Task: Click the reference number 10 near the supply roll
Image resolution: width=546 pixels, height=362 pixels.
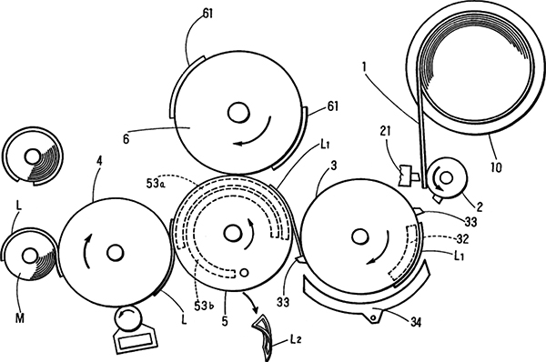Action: click(496, 167)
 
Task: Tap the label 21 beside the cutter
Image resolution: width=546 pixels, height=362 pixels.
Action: click(386, 131)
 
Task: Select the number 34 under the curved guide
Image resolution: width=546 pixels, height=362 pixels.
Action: click(416, 322)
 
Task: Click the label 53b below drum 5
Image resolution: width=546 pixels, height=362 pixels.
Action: click(205, 306)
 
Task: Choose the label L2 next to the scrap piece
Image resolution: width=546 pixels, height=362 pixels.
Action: click(295, 339)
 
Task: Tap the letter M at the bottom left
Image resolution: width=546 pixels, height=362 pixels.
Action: click(20, 317)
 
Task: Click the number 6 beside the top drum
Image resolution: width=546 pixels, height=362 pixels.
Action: click(126, 139)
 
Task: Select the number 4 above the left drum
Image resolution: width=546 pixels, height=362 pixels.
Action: click(99, 162)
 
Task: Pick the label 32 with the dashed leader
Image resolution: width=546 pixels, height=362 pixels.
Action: click(462, 239)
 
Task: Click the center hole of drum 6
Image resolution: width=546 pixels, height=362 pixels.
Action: click(238, 113)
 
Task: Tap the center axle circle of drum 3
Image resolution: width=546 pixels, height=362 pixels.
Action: click(360, 236)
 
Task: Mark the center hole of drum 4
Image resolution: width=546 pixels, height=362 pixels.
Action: click(115, 253)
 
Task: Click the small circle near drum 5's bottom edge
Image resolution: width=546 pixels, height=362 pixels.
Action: click(245, 272)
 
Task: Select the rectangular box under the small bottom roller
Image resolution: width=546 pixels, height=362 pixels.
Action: click(135, 341)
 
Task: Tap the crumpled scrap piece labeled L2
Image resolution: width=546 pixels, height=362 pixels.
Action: click(262, 333)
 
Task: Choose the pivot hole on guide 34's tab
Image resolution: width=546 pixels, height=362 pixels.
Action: click(373, 317)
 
